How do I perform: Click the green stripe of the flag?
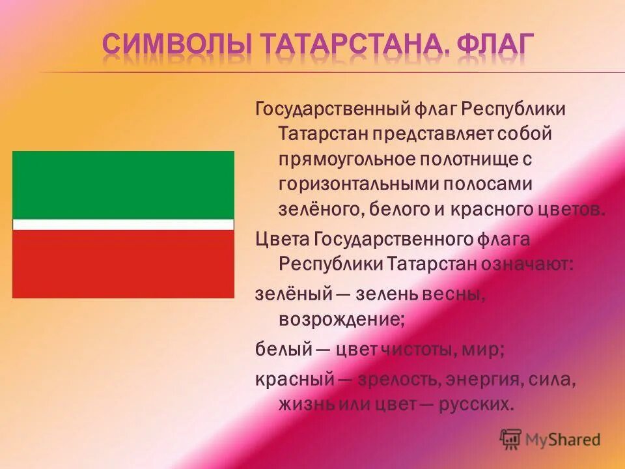123,184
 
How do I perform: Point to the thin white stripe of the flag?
123,225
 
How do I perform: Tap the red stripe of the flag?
123,264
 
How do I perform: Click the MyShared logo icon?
510,439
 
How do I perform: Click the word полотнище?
464,159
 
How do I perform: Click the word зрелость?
383,378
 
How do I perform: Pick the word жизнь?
307,404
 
